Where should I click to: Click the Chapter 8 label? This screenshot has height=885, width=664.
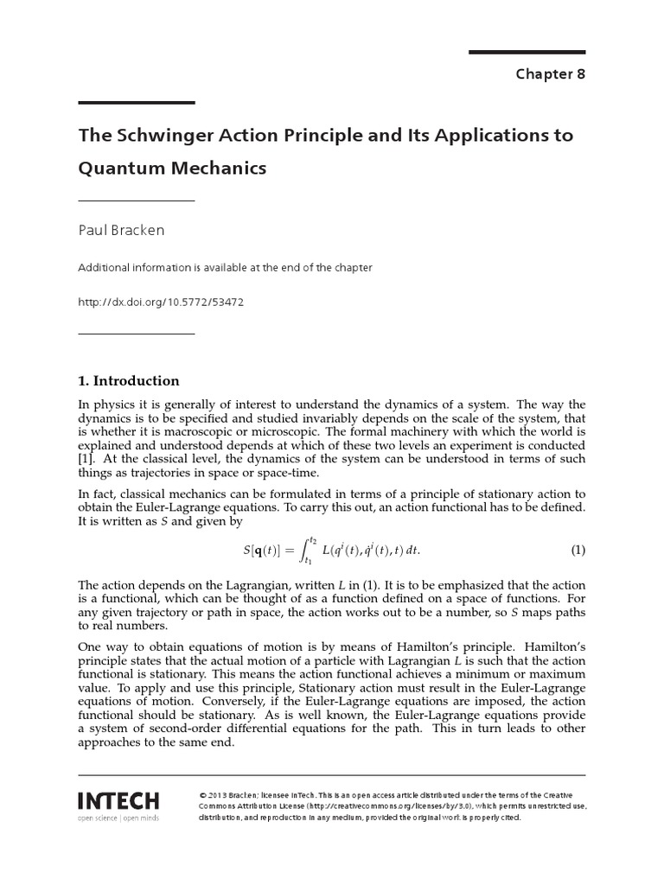tap(550, 73)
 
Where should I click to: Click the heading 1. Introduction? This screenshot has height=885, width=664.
tap(129, 380)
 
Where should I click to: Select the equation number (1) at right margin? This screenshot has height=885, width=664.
tap(578, 551)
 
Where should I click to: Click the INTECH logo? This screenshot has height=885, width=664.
tap(118, 799)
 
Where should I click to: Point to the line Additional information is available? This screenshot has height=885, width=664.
tap(225, 268)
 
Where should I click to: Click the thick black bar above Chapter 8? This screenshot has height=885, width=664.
tap(527, 52)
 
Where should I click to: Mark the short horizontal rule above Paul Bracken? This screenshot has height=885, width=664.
tap(136, 201)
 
